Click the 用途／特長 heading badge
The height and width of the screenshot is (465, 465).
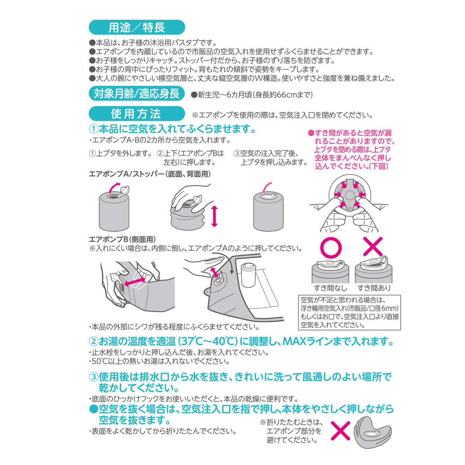tap(137, 27)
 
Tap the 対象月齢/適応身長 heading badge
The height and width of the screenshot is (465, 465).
tap(136, 94)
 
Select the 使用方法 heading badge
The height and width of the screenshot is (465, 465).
tap(136, 114)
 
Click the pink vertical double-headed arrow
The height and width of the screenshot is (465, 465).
tap(215, 217)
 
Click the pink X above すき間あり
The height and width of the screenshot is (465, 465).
tap(373, 246)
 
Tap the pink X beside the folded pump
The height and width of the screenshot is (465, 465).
tap(340, 431)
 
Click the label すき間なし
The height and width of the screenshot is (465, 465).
tap(331, 288)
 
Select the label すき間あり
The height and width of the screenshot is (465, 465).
tap(374, 288)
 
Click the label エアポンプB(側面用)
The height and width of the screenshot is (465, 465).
tap(122, 239)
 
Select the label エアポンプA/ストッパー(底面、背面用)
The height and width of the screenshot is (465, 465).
tap(150, 174)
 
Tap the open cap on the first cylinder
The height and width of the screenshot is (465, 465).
tap(124, 190)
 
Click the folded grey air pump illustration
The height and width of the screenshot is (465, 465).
tap(373, 432)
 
